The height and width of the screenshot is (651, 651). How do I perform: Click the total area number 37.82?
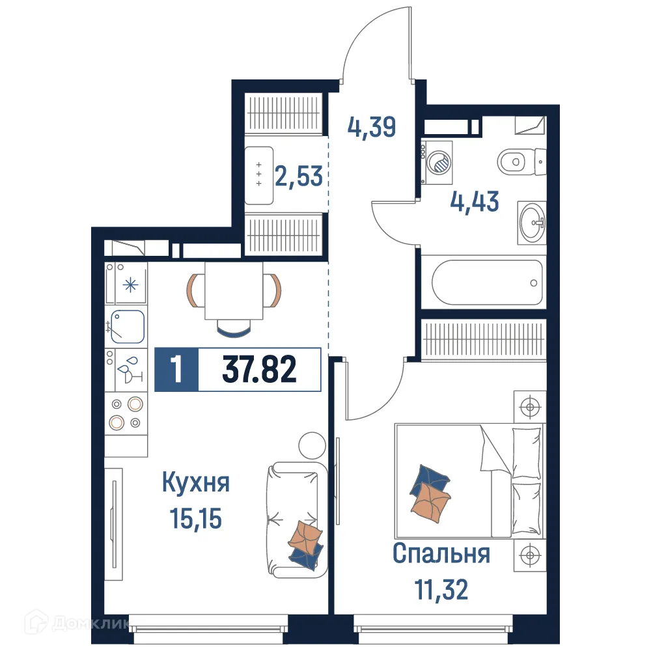[x=260, y=370]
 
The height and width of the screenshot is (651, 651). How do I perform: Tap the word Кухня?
[x=195, y=484]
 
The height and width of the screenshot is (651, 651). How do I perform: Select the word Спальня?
[x=441, y=554]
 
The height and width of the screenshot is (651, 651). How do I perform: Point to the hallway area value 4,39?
[x=371, y=127]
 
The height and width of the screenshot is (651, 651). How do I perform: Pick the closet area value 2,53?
[x=299, y=176]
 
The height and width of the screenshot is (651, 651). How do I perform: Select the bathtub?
[x=487, y=283]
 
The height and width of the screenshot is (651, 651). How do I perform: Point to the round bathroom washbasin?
[x=533, y=223]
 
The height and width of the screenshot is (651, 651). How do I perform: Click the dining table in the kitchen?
[x=234, y=290]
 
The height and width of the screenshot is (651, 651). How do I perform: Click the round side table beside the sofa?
[x=311, y=446]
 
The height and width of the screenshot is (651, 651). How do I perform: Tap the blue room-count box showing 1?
[x=176, y=370]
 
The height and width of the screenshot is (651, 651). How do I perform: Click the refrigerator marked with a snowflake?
[x=130, y=284]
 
